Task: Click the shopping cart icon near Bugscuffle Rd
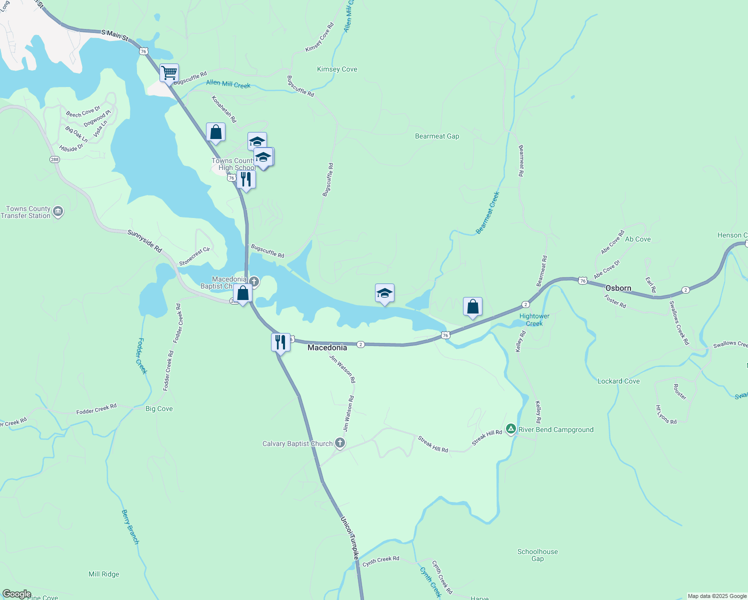pos(169,72)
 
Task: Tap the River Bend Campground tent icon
pos(510,429)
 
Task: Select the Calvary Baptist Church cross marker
pos(340,443)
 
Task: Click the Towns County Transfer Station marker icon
pos(58,212)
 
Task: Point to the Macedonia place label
pos(327,347)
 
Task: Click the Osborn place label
pos(618,288)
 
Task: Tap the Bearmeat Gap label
pos(436,136)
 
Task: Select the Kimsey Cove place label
pos(337,69)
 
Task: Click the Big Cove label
pos(159,408)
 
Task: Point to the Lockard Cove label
pos(618,381)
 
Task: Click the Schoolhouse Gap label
pos(537,555)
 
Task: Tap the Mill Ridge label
pos(104,574)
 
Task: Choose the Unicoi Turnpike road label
pos(350,537)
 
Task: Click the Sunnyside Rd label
pos(144,241)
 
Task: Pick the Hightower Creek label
pos(534,319)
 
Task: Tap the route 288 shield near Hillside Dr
pos(54,159)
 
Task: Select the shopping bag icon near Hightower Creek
pos(472,306)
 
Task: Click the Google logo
pos(16,594)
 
